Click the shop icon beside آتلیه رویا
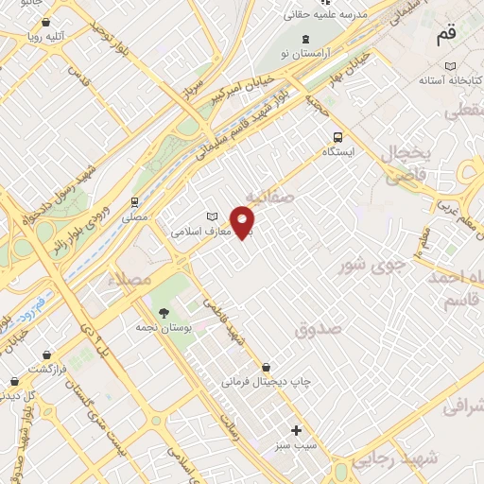[45, 21]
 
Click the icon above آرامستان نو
[303, 39]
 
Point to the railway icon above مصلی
[136, 201]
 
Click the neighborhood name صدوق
[315, 329]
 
